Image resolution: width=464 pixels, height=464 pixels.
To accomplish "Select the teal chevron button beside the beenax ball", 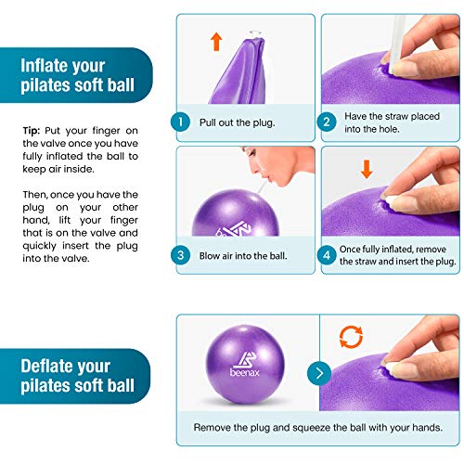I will point(319,374).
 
